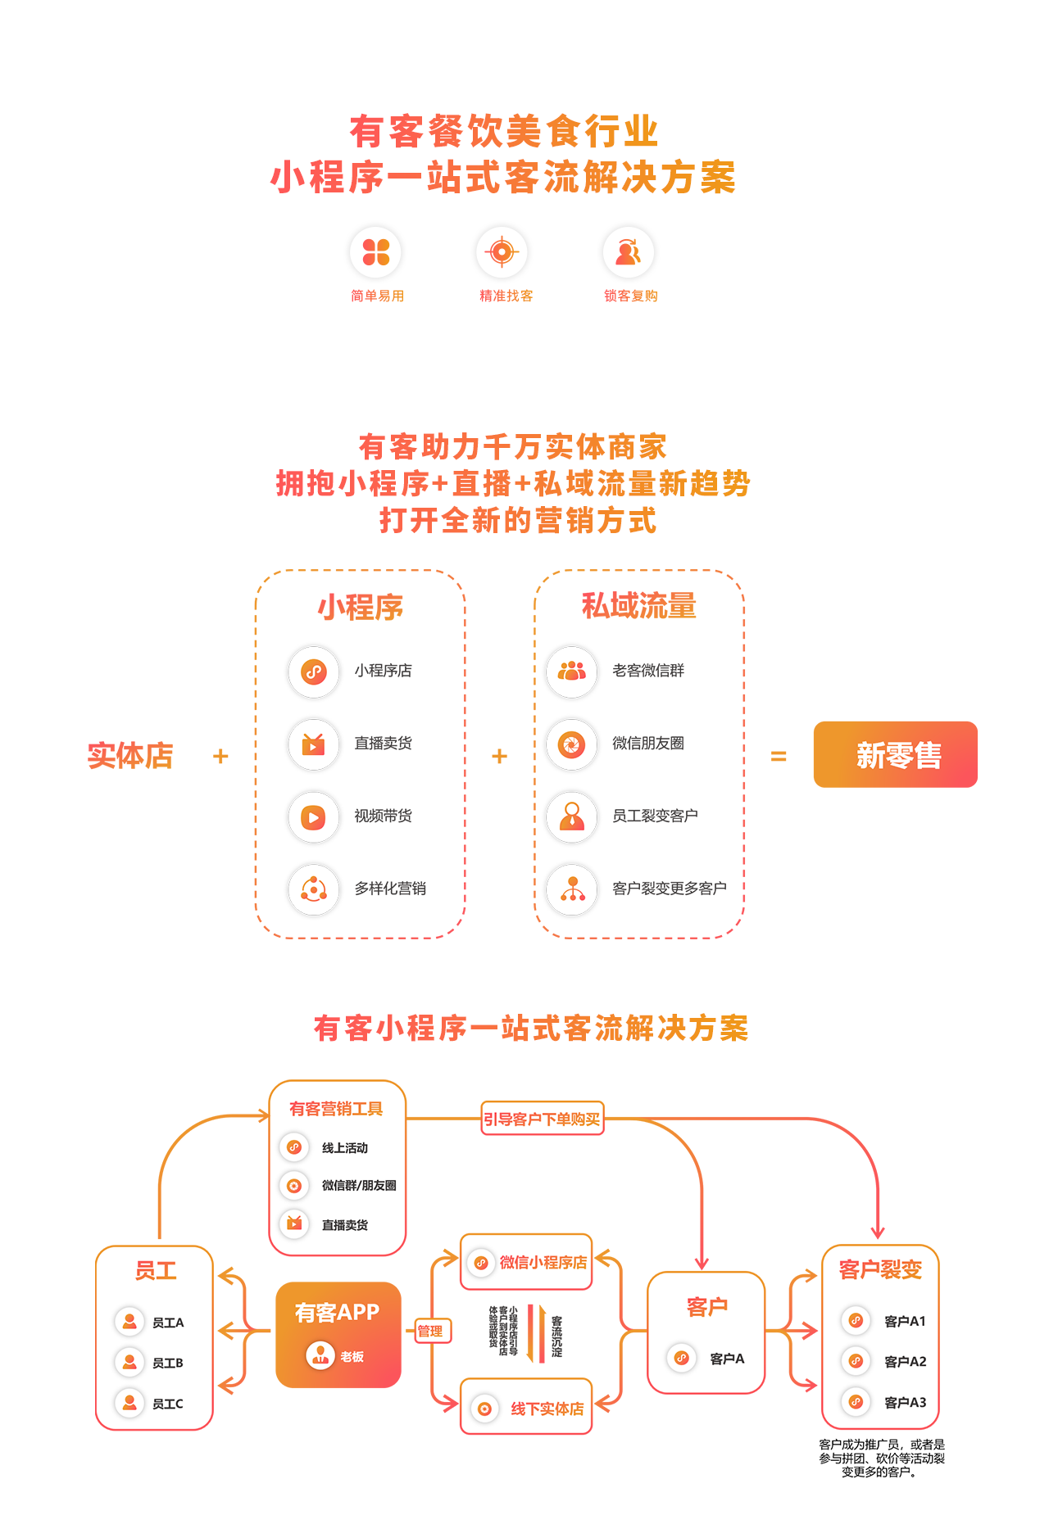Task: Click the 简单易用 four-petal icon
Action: pyautogui.click(x=376, y=252)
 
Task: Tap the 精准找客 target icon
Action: pyautogui.click(x=502, y=251)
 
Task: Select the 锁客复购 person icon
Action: pyautogui.click(x=629, y=252)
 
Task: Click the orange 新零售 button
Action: pyautogui.click(x=895, y=754)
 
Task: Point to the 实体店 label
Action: pyautogui.click(x=130, y=755)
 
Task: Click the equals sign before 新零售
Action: pyautogui.click(x=779, y=756)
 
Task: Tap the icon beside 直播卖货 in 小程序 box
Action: pyautogui.click(x=314, y=744)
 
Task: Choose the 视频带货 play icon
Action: pyautogui.click(x=314, y=816)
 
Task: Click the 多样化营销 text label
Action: pyautogui.click(x=390, y=889)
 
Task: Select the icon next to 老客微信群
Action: pyautogui.click(x=572, y=672)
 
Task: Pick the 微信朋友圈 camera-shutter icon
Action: pyautogui.click(x=572, y=744)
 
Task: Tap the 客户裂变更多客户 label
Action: pyautogui.click(x=669, y=889)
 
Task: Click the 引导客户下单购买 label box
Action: pyautogui.click(x=543, y=1119)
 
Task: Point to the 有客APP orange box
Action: pyautogui.click(x=338, y=1335)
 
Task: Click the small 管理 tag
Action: pyautogui.click(x=430, y=1331)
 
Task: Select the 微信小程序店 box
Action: pyautogui.click(x=527, y=1262)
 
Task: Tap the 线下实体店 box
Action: pyautogui.click(x=527, y=1408)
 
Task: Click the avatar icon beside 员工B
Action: pyautogui.click(x=129, y=1362)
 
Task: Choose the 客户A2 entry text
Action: pyautogui.click(x=905, y=1361)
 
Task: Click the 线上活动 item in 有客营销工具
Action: pyautogui.click(x=344, y=1148)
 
